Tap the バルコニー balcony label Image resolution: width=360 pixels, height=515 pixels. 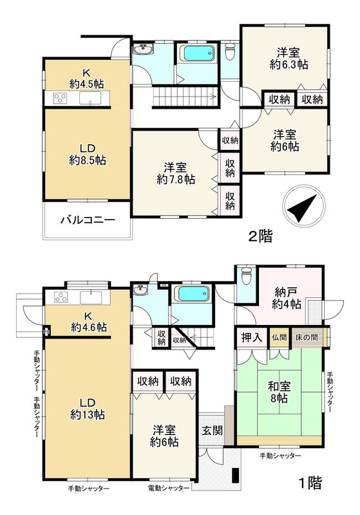(88, 220)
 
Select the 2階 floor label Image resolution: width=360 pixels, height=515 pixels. (261, 236)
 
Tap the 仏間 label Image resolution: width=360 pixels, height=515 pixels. (279, 337)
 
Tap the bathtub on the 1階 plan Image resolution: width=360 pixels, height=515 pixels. (194, 295)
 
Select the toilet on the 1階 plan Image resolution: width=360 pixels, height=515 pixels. (244, 277)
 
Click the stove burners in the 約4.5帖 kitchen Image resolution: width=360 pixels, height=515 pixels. (60, 98)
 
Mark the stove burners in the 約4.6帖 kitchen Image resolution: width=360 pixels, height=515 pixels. (61, 297)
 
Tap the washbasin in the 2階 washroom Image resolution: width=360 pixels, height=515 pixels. (142, 50)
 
